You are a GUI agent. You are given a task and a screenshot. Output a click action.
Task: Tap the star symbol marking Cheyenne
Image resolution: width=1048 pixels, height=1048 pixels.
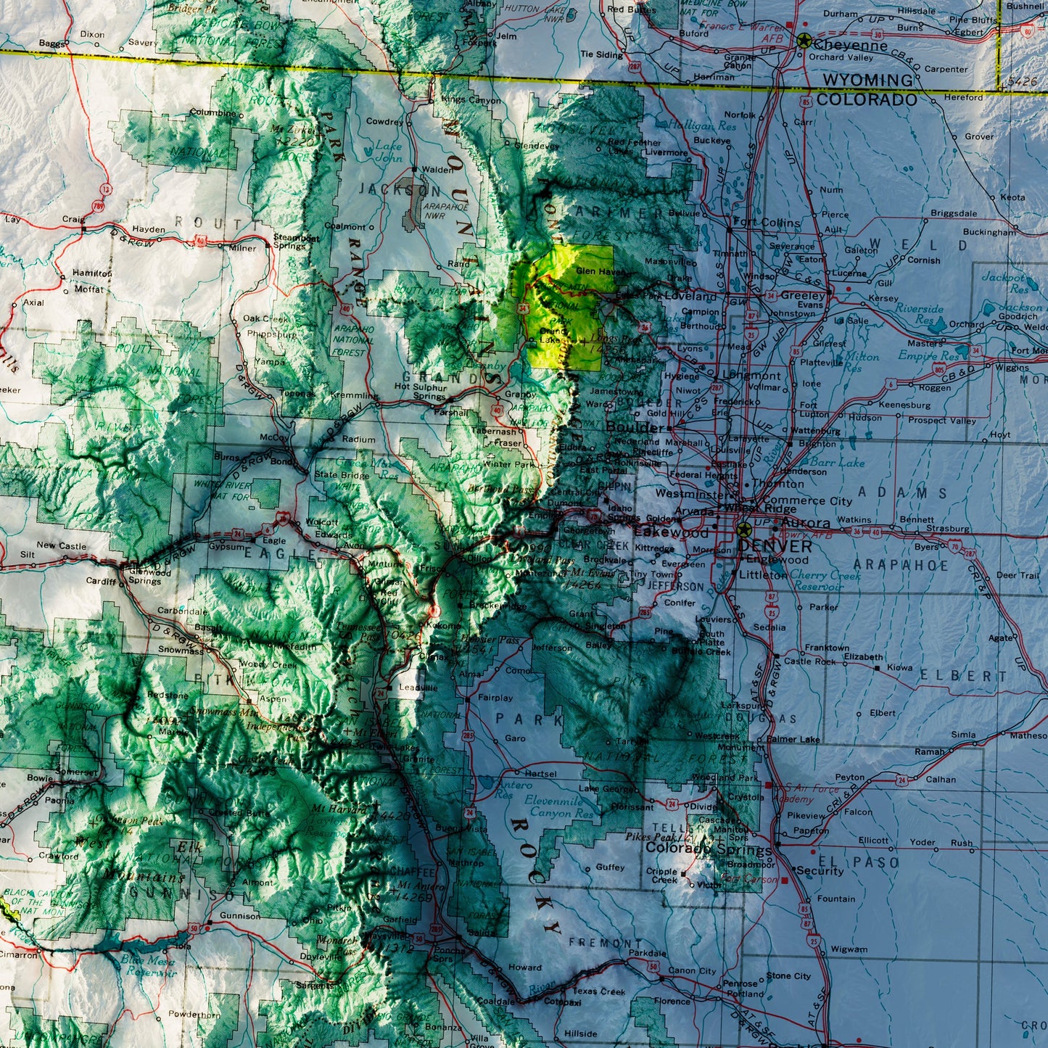click(804, 41)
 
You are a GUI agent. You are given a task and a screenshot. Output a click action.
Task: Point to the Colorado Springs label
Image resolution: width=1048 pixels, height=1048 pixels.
click(709, 848)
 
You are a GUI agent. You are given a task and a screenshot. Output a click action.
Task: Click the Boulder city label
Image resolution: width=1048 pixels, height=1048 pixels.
click(633, 427)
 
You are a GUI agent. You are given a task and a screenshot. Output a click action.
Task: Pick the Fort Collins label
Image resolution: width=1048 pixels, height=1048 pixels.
click(767, 223)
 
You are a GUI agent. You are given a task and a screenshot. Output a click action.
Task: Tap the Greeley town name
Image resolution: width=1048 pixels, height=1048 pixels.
click(803, 295)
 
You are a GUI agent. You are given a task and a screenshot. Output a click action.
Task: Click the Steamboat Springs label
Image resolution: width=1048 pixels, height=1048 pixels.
click(296, 242)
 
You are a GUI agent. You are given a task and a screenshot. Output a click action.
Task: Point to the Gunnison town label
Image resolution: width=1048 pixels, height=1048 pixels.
click(239, 916)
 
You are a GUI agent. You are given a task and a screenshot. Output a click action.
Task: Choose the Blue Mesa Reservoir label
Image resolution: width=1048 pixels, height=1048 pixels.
click(148, 965)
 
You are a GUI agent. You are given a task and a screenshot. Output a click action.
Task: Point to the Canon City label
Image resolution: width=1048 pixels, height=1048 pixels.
click(692, 970)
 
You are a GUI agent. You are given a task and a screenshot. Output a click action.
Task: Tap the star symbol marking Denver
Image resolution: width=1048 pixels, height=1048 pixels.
click(743, 529)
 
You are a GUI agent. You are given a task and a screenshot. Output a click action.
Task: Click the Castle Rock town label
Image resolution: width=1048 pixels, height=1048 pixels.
click(809, 661)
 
